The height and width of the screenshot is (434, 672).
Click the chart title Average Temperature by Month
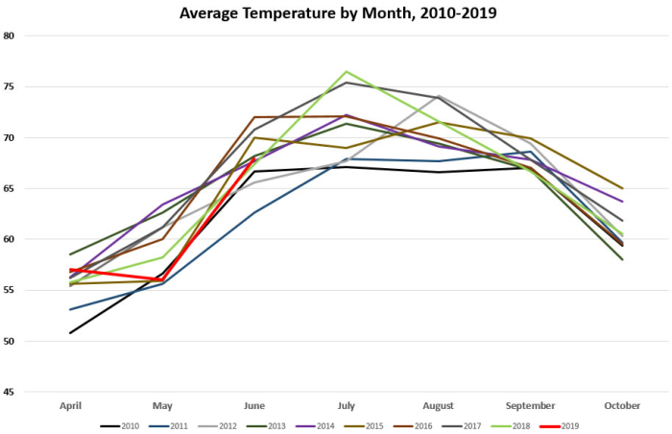coord(336,14)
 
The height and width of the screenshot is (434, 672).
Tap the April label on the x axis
coord(70,406)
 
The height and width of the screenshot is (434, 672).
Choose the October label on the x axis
coord(622,406)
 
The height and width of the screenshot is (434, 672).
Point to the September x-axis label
coord(530,406)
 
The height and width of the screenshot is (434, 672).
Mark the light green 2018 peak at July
coord(346,71)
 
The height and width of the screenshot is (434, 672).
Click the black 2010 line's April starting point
coord(70,333)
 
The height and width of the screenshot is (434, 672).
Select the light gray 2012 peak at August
coord(438,96)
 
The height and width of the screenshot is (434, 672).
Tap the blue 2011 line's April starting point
coord(70,309)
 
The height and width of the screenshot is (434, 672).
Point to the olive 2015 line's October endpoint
coord(622,188)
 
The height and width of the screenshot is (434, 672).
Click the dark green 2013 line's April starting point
coord(70,254)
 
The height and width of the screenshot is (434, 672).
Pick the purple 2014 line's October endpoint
coord(622,202)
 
